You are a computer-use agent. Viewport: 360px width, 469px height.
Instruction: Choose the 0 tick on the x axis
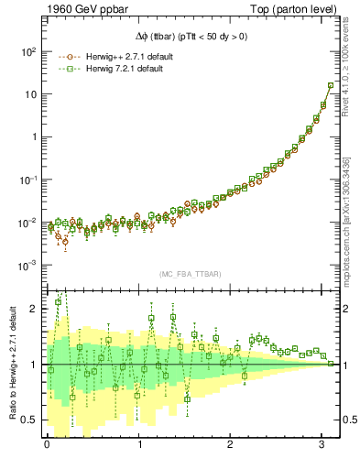47,444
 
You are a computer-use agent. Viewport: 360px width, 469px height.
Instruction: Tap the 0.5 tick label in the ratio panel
31,420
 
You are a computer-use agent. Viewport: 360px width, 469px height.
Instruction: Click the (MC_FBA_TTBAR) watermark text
190,275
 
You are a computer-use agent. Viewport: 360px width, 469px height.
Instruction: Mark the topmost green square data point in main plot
331,85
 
